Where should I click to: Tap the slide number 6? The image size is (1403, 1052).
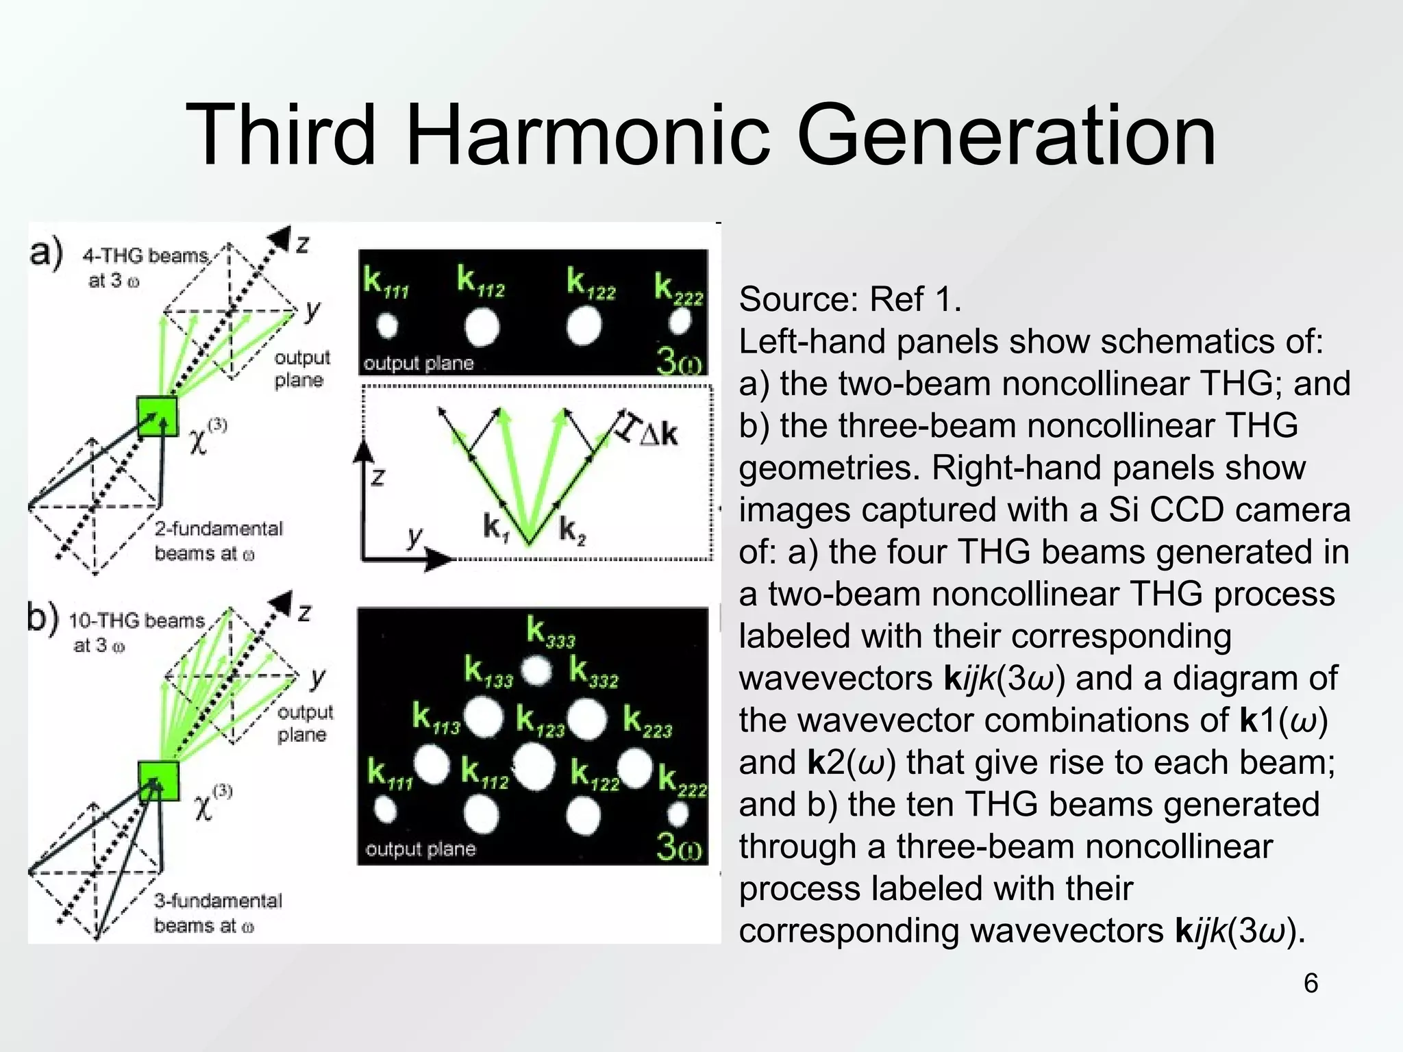click(1310, 984)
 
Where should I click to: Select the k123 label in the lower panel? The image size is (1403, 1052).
click(540, 721)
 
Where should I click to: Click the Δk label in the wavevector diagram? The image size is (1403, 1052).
click(658, 434)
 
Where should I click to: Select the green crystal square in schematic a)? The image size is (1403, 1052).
click(158, 416)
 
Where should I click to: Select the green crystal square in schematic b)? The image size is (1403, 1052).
click(159, 781)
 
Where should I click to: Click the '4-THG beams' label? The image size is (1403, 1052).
click(145, 256)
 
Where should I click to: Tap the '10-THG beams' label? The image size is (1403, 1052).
click(136, 621)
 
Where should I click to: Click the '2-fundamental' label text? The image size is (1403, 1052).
click(218, 529)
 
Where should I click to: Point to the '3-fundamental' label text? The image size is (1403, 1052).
click(218, 901)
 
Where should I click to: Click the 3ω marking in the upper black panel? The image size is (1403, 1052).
click(678, 361)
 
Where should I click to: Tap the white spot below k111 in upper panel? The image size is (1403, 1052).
click(388, 326)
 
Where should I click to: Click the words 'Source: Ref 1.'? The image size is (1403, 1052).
click(850, 299)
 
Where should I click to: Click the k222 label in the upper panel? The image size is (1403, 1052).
click(678, 288)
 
